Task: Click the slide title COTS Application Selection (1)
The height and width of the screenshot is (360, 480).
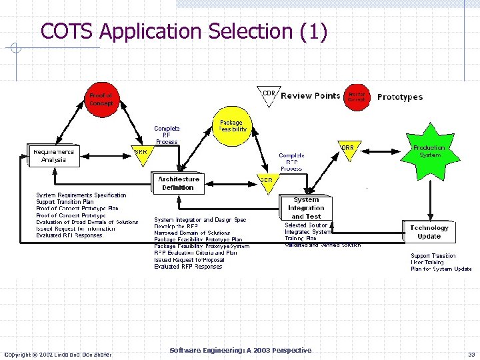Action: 184,31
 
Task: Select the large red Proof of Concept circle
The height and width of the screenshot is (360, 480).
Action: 101,99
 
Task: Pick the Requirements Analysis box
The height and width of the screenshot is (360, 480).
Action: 53,155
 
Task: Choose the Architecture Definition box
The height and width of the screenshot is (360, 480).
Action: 178,183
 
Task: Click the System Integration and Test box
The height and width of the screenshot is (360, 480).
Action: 305,208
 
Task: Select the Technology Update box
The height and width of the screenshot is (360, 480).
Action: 429,232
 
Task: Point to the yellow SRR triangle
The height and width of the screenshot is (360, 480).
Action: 141,153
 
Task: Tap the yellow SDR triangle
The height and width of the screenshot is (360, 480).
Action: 266,181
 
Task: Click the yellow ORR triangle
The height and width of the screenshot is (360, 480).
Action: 347,149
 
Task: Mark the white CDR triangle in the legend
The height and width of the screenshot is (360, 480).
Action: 269,95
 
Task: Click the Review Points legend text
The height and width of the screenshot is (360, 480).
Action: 310,96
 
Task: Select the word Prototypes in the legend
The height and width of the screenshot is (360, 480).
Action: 400,97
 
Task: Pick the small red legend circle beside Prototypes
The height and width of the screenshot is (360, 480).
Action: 356,97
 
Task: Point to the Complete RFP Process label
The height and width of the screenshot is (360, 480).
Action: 291,162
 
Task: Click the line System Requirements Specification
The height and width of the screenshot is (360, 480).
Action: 81,195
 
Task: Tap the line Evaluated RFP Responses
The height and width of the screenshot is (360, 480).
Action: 188,267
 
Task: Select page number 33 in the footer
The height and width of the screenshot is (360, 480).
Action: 471,355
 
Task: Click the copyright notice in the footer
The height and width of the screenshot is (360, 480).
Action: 58,354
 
